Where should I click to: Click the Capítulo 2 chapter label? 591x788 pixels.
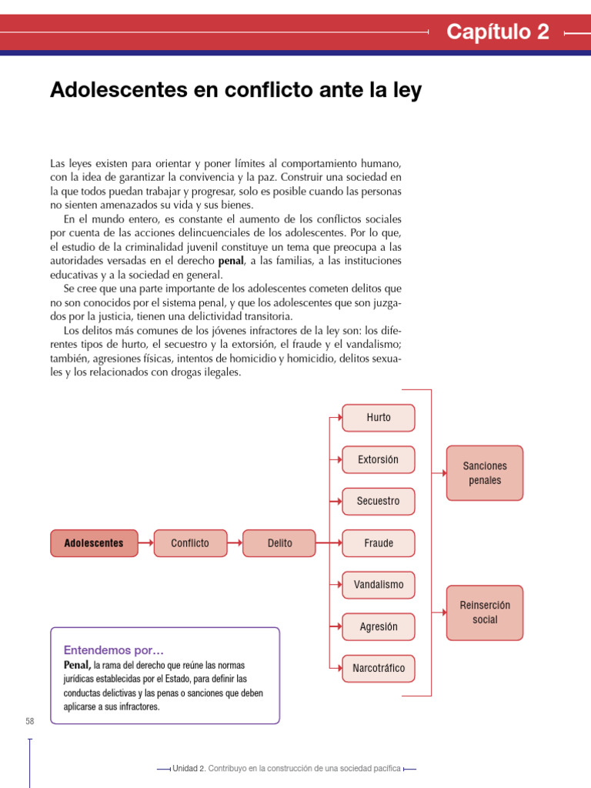click(x=498, y=32)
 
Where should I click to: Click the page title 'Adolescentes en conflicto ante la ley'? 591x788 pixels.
click(x=235, y=90)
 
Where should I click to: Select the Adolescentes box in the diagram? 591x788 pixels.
click(x=94, y=543)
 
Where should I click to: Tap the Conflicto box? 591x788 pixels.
click(x=190, y=543)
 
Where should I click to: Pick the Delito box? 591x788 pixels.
click(x=279, y=543)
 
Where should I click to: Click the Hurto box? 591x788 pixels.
click(x=379, y=418)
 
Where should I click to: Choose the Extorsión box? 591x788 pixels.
click(x=379, y=459)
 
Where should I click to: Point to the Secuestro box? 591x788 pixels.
click(x=379, y=502)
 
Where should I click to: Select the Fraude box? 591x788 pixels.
click(x=379, y=543)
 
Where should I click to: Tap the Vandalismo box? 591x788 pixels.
click(x=379, y=585)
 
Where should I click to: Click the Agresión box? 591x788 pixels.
click(x=379, y=626)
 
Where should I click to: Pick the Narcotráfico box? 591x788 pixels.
click(x=379, y=669)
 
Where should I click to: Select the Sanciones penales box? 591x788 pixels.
click(x=485, y=473)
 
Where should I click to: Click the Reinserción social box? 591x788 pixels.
click(x=485, y=613)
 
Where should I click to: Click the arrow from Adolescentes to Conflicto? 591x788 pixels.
click(x=145, y=543)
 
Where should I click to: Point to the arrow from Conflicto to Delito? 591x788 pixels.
click(x=235, y=543)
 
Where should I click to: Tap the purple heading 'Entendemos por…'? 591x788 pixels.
click(x=113, y=649)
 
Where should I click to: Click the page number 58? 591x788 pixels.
click(x=30, y=721)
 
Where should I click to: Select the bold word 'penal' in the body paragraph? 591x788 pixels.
click(x=231, y=261)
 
